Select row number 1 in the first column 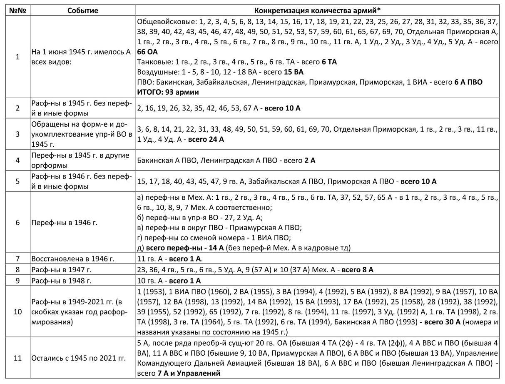(x=17, y=57)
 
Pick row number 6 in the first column (x=17, y=222)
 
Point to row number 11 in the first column (x=17, y=358)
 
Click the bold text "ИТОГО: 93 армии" (x=168, y=92)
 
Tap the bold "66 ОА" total (x=147, y=52)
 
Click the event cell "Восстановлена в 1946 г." (x=73, y=259)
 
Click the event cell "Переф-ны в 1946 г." (x=65, y=222)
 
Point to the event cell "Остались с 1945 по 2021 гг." (x=79, y=358)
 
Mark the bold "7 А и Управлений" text (x=189, y=373)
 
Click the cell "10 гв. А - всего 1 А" (x=169, y=281)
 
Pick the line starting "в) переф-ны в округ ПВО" (x=219, y=228)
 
